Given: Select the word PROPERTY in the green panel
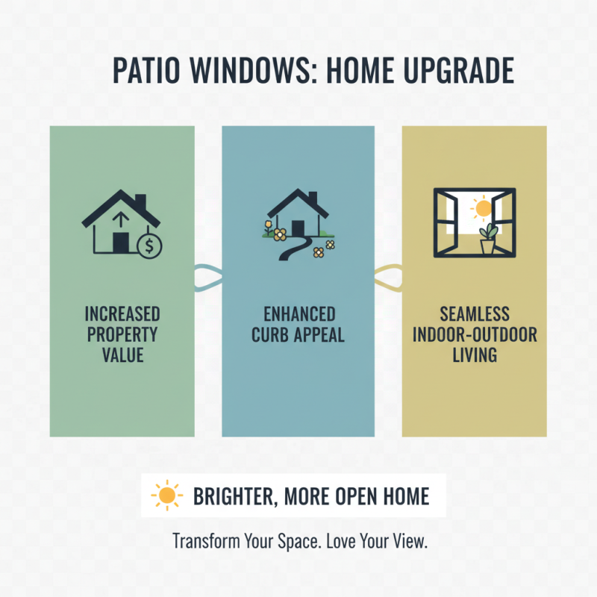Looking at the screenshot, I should click(122, 333).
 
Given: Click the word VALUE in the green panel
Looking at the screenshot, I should click(122, 354).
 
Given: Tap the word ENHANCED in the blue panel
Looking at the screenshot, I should click(298, 313).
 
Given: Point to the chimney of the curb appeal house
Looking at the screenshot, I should click(313, 200).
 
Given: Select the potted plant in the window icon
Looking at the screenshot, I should click(490, 239).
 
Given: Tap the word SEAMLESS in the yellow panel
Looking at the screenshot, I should click(474, 313).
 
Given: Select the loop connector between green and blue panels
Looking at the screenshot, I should click(207, 278).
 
